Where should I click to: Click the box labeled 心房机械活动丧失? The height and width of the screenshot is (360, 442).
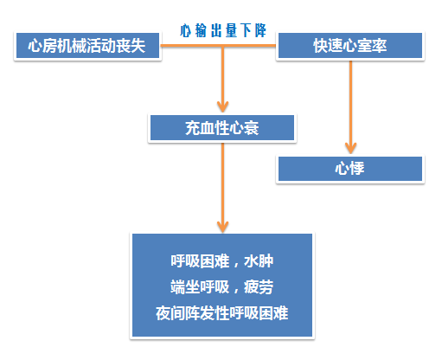coord(87,46)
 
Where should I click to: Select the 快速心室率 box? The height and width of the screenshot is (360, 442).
coord(350,46)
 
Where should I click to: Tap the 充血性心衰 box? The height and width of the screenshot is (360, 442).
coord(222,128)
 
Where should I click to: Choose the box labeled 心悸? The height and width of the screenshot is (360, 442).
coord(350,169)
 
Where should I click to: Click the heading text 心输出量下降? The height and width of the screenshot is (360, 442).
coord(223,30)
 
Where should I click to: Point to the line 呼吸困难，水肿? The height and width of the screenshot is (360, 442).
coord(222,261)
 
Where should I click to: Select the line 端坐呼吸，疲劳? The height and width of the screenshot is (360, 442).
coord(222,287)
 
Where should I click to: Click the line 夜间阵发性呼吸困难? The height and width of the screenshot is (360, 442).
coord(222,313)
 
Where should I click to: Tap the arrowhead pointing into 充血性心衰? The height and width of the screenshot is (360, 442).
coord(222,106)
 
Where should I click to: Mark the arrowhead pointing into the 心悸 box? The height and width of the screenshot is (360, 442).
coord(350,148)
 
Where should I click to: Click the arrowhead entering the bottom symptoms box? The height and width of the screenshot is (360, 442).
coord(222,227)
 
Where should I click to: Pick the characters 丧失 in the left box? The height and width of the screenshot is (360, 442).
coord(131,46)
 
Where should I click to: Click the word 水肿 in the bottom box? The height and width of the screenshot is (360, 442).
coord(259,261)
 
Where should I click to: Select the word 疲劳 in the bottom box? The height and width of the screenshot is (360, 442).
coord(259,287)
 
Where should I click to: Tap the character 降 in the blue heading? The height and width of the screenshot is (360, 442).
coord(260,30)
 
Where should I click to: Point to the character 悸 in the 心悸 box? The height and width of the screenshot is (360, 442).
coord(357,169)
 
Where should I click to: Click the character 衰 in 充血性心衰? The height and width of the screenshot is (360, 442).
coord(252,128)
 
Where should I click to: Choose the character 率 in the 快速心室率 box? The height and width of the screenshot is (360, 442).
coord(380,46)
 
